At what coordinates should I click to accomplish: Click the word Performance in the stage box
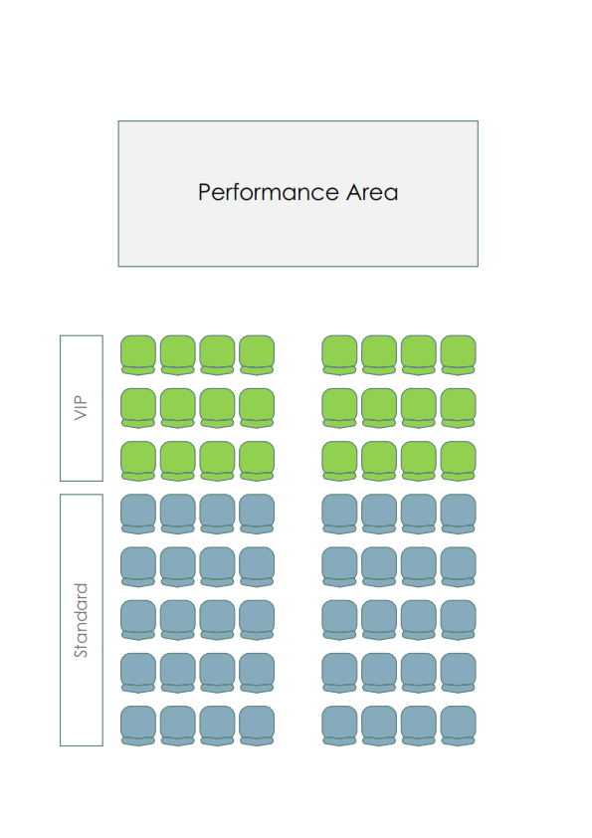click(269, 193)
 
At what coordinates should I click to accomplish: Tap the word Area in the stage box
click(372, 192)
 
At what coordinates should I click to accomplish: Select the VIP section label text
click(81, 408)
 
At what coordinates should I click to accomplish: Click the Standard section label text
click(81, 620)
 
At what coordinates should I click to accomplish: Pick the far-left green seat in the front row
click(138, 355)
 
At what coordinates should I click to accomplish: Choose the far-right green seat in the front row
click(458, 355)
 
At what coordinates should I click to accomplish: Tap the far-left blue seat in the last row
click(138, 726)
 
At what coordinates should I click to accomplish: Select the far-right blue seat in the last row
click(458, 726)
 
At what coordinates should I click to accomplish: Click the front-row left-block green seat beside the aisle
click(257, 355)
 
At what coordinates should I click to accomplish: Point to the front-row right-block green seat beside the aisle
click(339, 355)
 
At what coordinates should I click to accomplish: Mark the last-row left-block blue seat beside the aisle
click(257, 726)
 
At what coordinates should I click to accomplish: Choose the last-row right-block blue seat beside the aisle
click(339, 726)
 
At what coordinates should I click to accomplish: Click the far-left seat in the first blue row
click(138, 515)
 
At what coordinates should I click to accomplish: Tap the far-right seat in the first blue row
click(458, 515)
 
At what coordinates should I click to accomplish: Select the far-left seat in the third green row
click(138, 461)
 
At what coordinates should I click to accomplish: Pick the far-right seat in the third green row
click(458, 461)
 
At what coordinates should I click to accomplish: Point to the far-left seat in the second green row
click(138, 408)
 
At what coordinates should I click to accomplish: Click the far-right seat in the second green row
click(458, 408)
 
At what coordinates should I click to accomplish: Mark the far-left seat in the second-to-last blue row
click(138, 673)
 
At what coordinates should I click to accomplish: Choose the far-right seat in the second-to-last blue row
click(458, 673)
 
